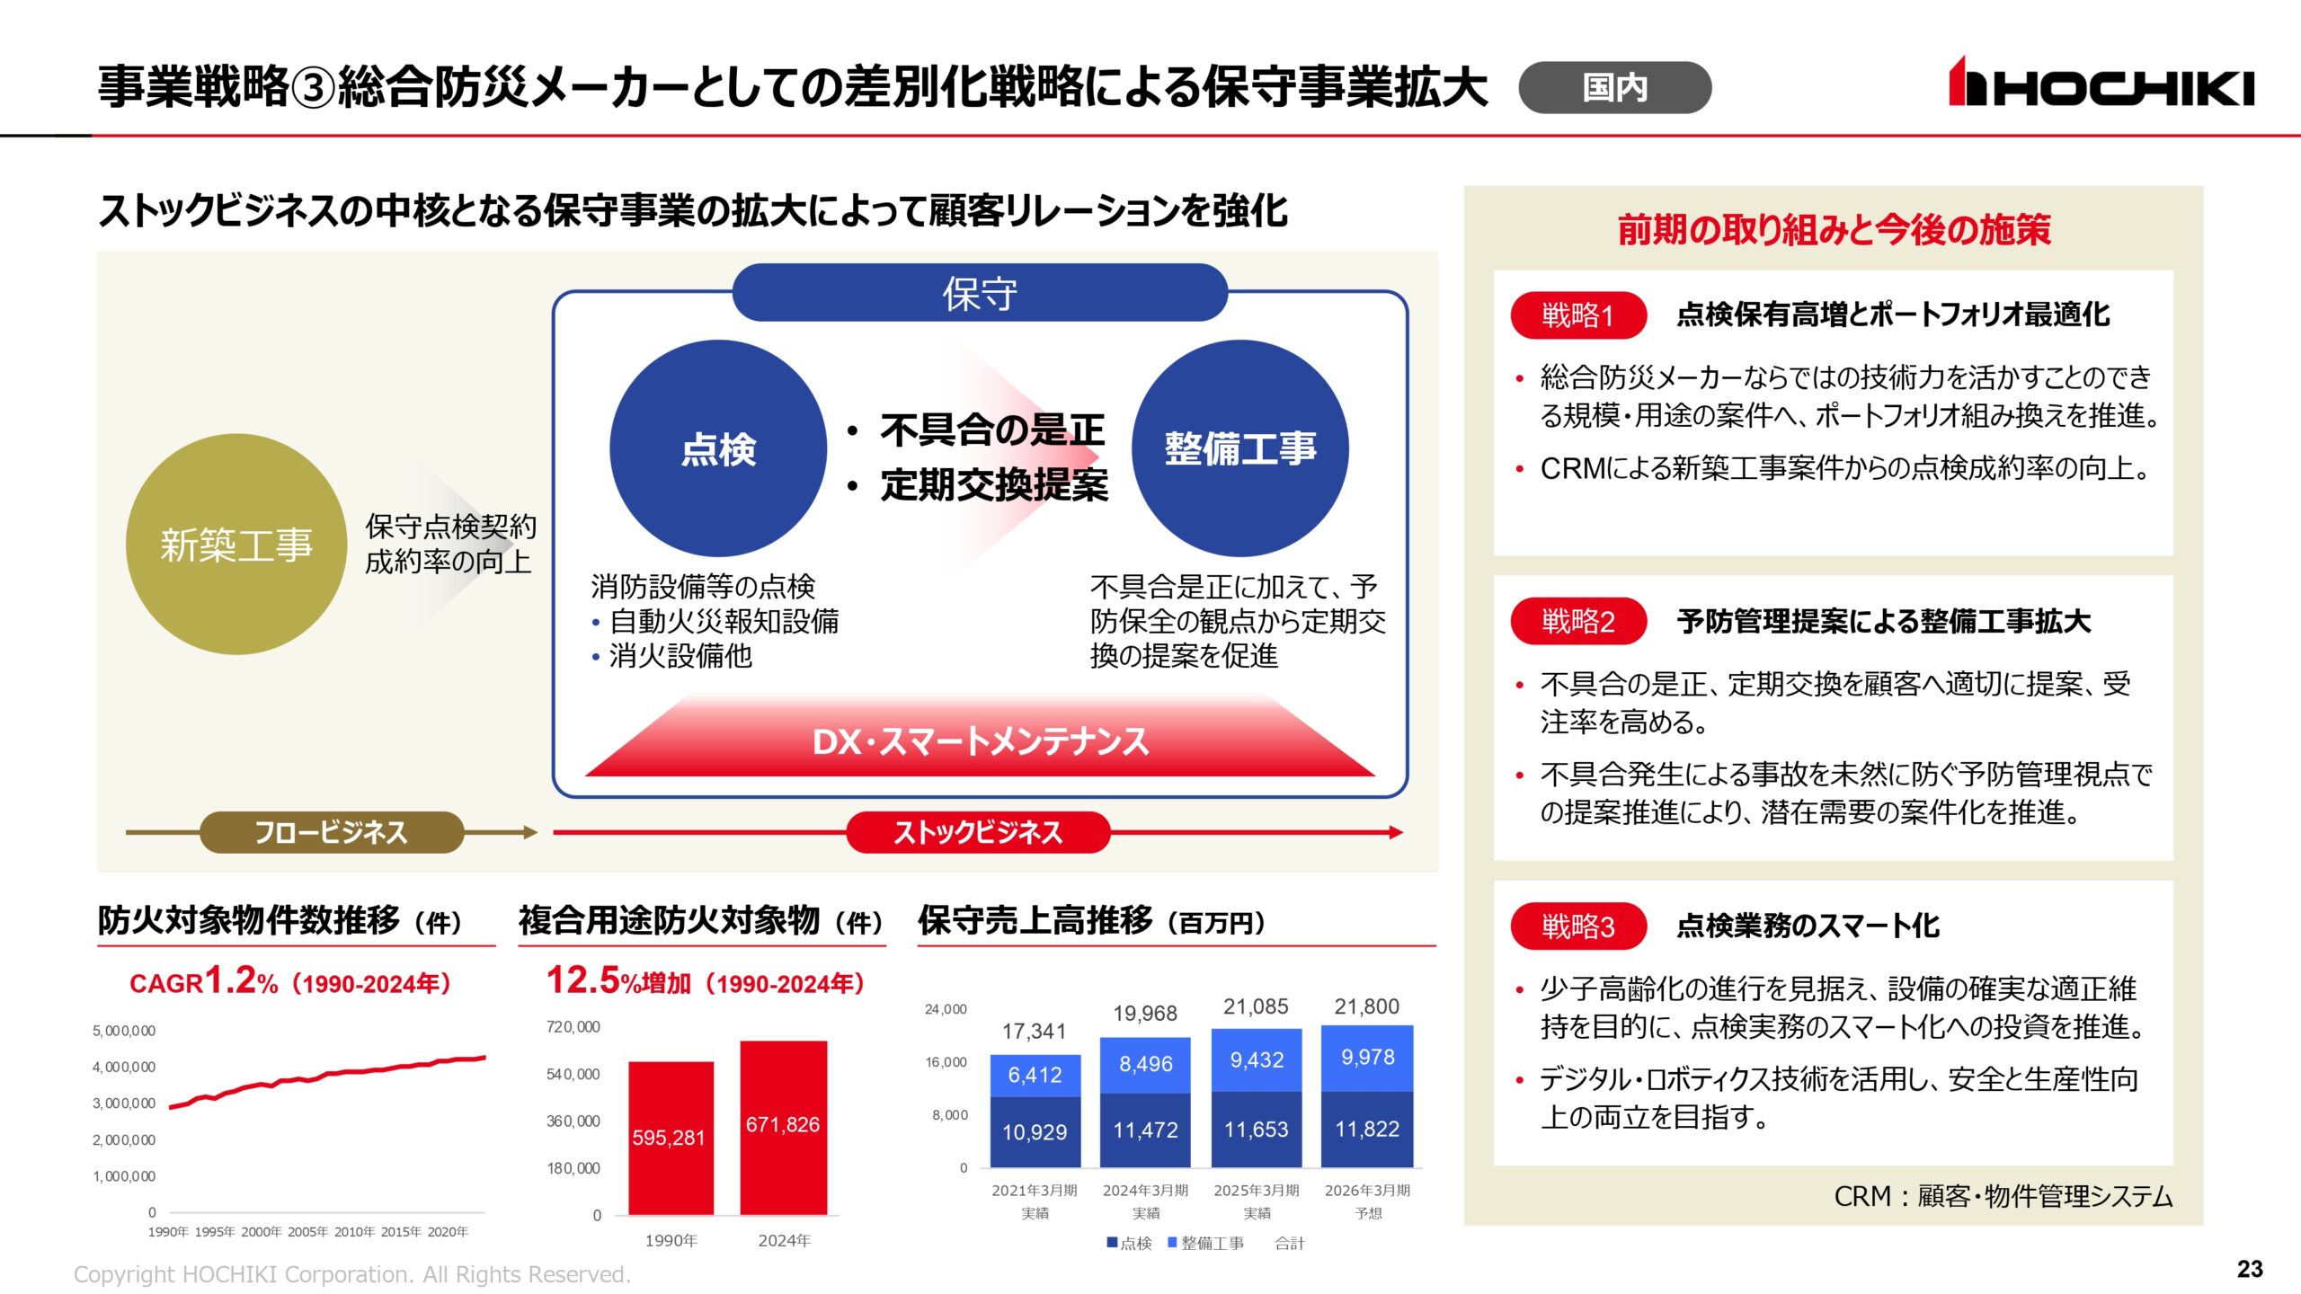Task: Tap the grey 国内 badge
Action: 1614,87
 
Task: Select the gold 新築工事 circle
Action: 235,545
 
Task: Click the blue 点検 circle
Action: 717,448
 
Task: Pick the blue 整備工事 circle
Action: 1239,448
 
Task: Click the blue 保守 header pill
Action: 979,293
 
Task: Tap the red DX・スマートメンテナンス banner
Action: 980,742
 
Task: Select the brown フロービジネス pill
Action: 331,832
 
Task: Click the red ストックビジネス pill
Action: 978,832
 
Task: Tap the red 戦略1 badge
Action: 1577,315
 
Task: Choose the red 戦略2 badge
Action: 1577,621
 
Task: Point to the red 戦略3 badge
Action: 1577,926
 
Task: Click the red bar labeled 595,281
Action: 670,1138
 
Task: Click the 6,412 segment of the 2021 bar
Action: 1035,1075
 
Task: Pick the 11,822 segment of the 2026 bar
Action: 1367,1130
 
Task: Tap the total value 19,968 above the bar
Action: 1145,1014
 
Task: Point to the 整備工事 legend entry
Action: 1206,1243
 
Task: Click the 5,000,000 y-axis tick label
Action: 124,1031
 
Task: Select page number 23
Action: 2250,1269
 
